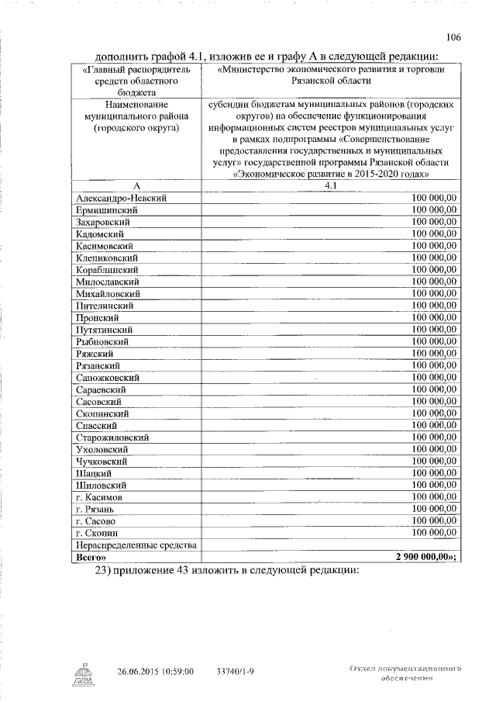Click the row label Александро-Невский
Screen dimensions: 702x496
tap(122, 198)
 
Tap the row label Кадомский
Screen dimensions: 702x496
tap(100, 233)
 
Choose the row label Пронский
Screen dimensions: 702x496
tap(97, 318)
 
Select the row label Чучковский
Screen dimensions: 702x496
tap(102, 462)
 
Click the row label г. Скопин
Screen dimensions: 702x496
tap(98, 533)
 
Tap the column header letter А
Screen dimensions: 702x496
tap(136, 186)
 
